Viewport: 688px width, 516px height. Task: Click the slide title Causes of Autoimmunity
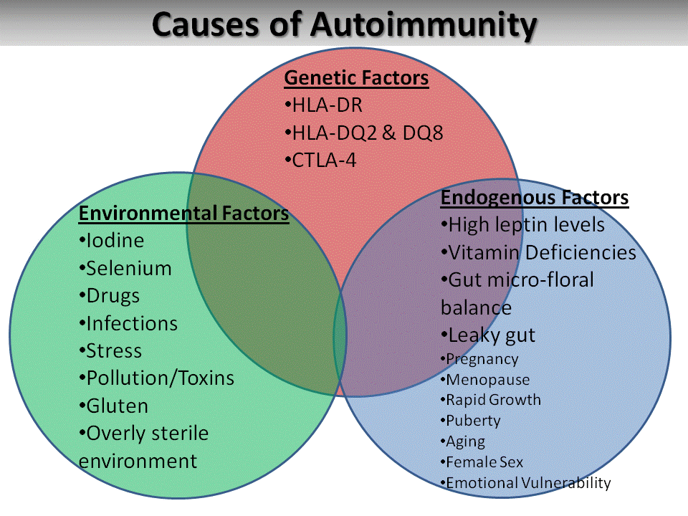pyautogui.click(x=345, y=24)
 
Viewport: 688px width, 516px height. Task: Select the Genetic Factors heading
pyautogui.click(x=356, y=78)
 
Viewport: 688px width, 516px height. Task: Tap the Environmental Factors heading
pyautogui.click(x=184, y=214)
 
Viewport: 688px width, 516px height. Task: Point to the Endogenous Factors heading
pyautogui.click(x=535, y=198)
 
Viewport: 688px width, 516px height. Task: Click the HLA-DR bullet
pyautogui.click(x=323, y=105)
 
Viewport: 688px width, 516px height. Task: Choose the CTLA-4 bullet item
pyautogui.click(x=321, y=161)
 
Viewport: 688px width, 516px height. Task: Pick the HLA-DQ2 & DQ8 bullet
pyautogui.click(x=364, y=133)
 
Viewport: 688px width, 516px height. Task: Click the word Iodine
pyautogui.click(x=115, y=241)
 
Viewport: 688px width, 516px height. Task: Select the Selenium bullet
pyautogui.click(x=125, y=269)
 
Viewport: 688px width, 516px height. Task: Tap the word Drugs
pyautogui.click(x=113, y=297)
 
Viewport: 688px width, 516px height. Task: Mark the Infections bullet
pyautogui.click(x=128, y=324)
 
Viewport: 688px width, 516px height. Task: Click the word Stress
pyautogui.click(x=114, y=351)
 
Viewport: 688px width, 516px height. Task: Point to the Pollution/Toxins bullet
pyautogui.click(x=157, y=378)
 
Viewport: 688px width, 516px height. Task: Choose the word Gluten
pyautogui.click(x=117, y=406)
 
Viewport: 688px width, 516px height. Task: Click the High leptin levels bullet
pyautogui.click(x=522, y=225)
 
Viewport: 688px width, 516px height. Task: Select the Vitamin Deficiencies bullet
pyautogui.click(x=538, y=253)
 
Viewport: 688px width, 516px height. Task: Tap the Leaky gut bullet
pyautogui.click(x=488, y=336)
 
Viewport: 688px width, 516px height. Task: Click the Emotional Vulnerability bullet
pyautogui.click(x=525, y=483)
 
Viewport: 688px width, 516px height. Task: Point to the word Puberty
pyautogui.click(x=474, y=421)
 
